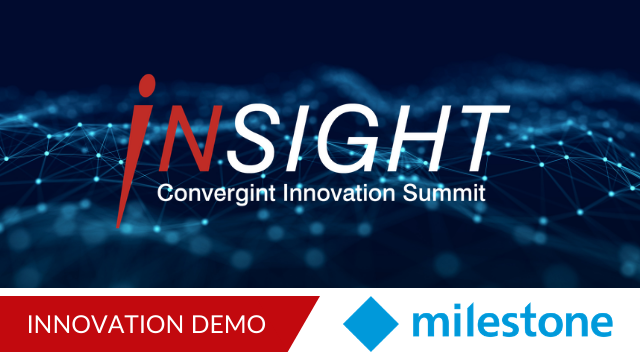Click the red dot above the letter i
click(147, 86)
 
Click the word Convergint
click(216, 193)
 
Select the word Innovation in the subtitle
click(339, 193)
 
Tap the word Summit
click(444, 193)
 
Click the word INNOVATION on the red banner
click(105, 324)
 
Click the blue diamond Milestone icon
click(371, 324)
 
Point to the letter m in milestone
click(432, 324)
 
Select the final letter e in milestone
click(599, 324)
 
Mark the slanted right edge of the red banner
click(304, 324)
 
